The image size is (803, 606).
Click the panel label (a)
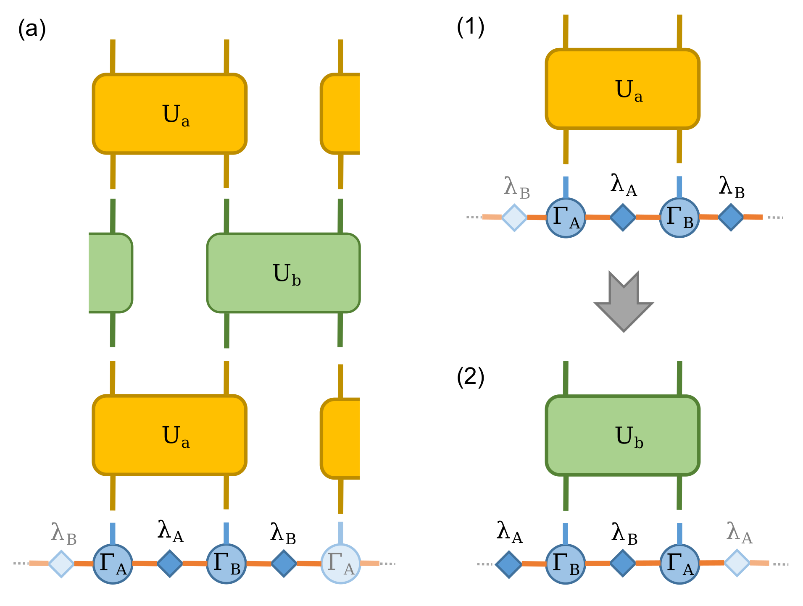point(32,29)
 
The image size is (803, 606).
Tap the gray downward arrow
point(624,301)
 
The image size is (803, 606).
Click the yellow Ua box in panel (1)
point(622,89)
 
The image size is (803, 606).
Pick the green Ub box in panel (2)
point(622,435)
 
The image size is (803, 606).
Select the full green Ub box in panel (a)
point(283,273)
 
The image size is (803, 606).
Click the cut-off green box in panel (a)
point(111,273)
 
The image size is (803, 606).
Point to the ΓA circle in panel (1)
point(566,218)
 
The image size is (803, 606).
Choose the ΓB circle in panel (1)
point(679,218)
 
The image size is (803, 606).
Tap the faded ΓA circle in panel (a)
point(340,564)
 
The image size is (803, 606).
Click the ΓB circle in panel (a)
point(226,564)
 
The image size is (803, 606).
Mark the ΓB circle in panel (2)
point(566,564)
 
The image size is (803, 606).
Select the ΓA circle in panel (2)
point(679,564)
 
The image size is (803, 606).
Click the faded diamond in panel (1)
point(514,218)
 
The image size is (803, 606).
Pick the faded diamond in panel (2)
point(737,563)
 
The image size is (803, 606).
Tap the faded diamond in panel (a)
point(61,564)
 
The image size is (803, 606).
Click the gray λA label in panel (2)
point(739,533)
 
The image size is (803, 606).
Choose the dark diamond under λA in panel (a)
point(170,564)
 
